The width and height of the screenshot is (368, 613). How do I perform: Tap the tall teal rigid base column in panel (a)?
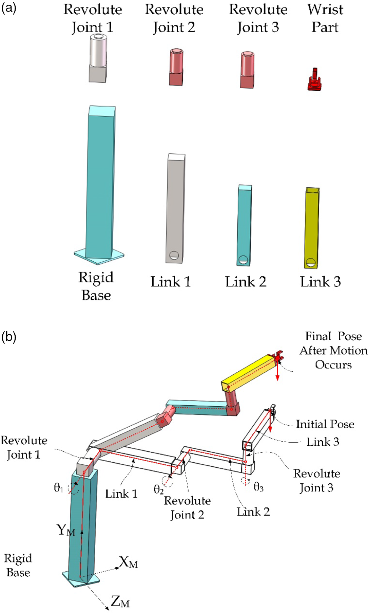click(100, 183)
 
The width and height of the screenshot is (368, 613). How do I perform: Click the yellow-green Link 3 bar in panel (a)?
click(312, 227)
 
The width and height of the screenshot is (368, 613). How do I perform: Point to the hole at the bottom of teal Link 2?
click(244, 260)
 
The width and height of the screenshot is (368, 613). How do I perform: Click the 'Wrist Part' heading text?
click(325, 18)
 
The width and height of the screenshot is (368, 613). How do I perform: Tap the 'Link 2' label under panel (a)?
click(246, 282)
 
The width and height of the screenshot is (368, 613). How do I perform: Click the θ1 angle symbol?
click(59, 488)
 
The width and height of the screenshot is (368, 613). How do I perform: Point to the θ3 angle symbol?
click(258, 487)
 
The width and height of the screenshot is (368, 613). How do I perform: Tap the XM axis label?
click(129, 563)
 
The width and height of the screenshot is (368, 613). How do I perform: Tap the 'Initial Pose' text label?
click(325, 424)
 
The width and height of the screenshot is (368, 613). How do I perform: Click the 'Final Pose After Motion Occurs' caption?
click(333, 350)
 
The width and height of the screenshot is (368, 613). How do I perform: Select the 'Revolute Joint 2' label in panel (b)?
click(187, 508)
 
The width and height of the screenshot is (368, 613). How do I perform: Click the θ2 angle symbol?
click(158, 489)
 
